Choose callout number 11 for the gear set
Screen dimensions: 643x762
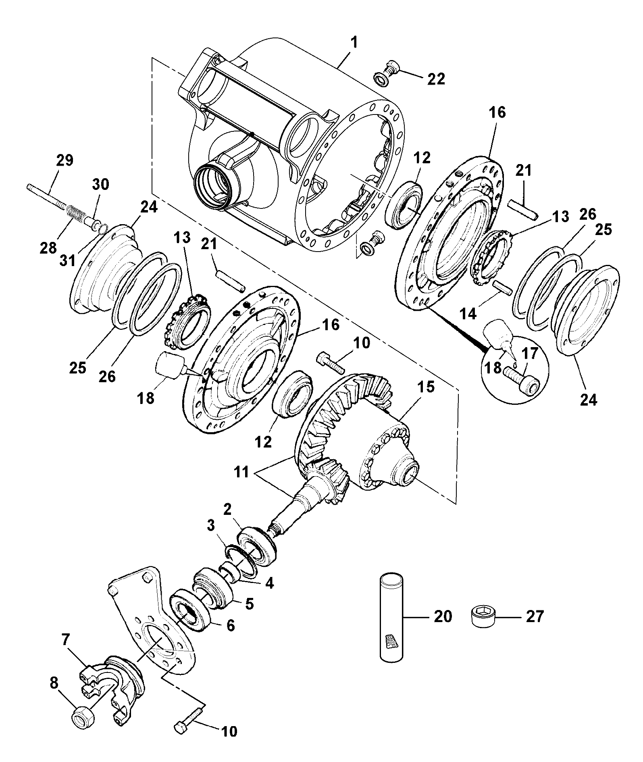point(242,472)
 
